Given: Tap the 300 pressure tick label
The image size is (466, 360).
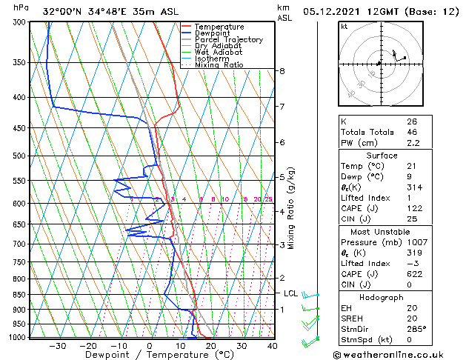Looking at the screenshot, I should click(20, 22).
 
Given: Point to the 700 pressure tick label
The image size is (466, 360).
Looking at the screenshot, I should click(20, 244).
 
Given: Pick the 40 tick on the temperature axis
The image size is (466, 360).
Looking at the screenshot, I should click(273, 346).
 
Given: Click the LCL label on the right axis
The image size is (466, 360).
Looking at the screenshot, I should click(291, 293).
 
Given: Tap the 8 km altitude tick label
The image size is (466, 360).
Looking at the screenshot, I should click(282, 71).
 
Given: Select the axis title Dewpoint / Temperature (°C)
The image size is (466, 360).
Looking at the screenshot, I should click(150, 356).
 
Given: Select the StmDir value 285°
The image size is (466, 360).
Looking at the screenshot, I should click(415, 329).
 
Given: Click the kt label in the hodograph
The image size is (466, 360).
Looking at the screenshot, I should click(344, 26).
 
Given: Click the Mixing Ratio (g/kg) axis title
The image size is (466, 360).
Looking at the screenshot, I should click(291, 208).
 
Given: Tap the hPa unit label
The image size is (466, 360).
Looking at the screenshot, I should click(21, 7).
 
